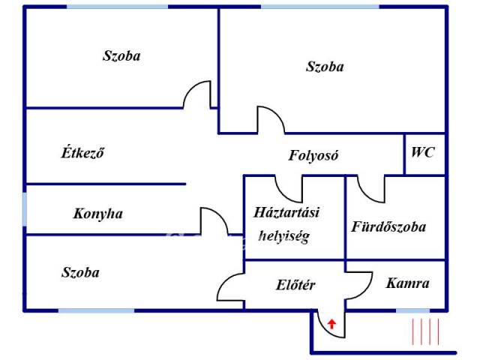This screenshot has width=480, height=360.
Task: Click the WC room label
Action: click(422, 152)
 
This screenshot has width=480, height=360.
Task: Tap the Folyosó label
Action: click(313, 155)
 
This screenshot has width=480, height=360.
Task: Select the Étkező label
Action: click(82, 152)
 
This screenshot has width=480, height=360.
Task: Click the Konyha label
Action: click(98, 214)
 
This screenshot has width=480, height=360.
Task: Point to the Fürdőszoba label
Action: click(388, 226)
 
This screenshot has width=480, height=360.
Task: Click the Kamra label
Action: click(407, 283)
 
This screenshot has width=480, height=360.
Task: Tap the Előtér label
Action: click(295, 285)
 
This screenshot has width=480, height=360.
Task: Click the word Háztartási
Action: click(286, 212)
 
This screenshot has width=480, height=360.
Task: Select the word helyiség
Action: click(284, 236)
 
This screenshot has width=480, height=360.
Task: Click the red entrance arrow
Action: click(331, 323)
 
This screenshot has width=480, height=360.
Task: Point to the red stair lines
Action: click(425, 331)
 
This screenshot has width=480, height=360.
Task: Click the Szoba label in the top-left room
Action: click(121, 55)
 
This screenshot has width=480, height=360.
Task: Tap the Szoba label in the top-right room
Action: click(325, 67)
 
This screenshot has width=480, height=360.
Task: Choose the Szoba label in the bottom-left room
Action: click(80, 272)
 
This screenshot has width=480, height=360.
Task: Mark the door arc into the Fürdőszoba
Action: click(365, 195)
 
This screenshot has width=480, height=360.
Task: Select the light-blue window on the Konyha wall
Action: click(25, 209)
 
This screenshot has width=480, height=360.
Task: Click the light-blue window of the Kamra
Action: click(413, 310)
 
